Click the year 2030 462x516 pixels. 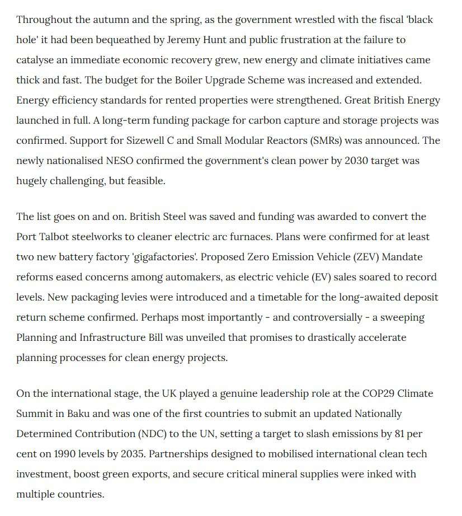319,161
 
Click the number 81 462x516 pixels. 415,434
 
